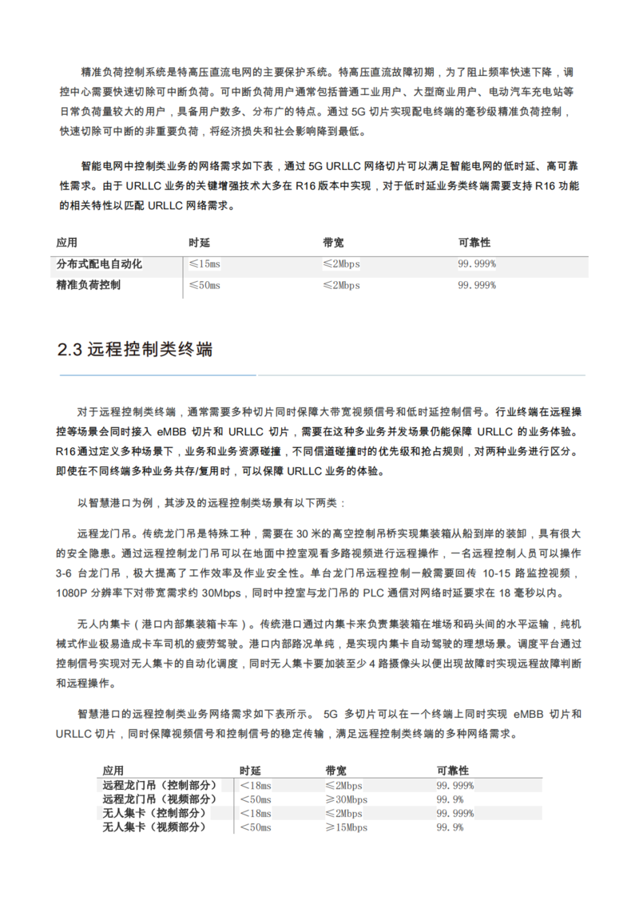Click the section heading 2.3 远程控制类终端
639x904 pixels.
(135, 349)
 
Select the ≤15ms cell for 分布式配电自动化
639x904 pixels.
(204, 264)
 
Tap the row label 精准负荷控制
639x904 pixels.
(89, 285)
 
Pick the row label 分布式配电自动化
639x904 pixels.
(99, 264)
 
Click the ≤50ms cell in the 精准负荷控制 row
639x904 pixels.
(204, 285)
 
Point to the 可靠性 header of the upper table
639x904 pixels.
(474, 242)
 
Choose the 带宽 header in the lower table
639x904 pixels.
(335, 771)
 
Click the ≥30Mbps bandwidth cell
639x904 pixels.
(346, 799)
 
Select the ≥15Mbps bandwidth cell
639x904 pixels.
(346, 828)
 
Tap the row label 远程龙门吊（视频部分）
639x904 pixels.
(160, 799)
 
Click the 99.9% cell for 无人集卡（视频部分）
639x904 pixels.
(450, 828)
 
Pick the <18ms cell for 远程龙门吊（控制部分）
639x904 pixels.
(256, 785)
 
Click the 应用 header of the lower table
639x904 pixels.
(113, 771)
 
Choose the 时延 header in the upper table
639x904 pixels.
(200, 242)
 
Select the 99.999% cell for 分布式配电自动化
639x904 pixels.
(477, 264)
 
